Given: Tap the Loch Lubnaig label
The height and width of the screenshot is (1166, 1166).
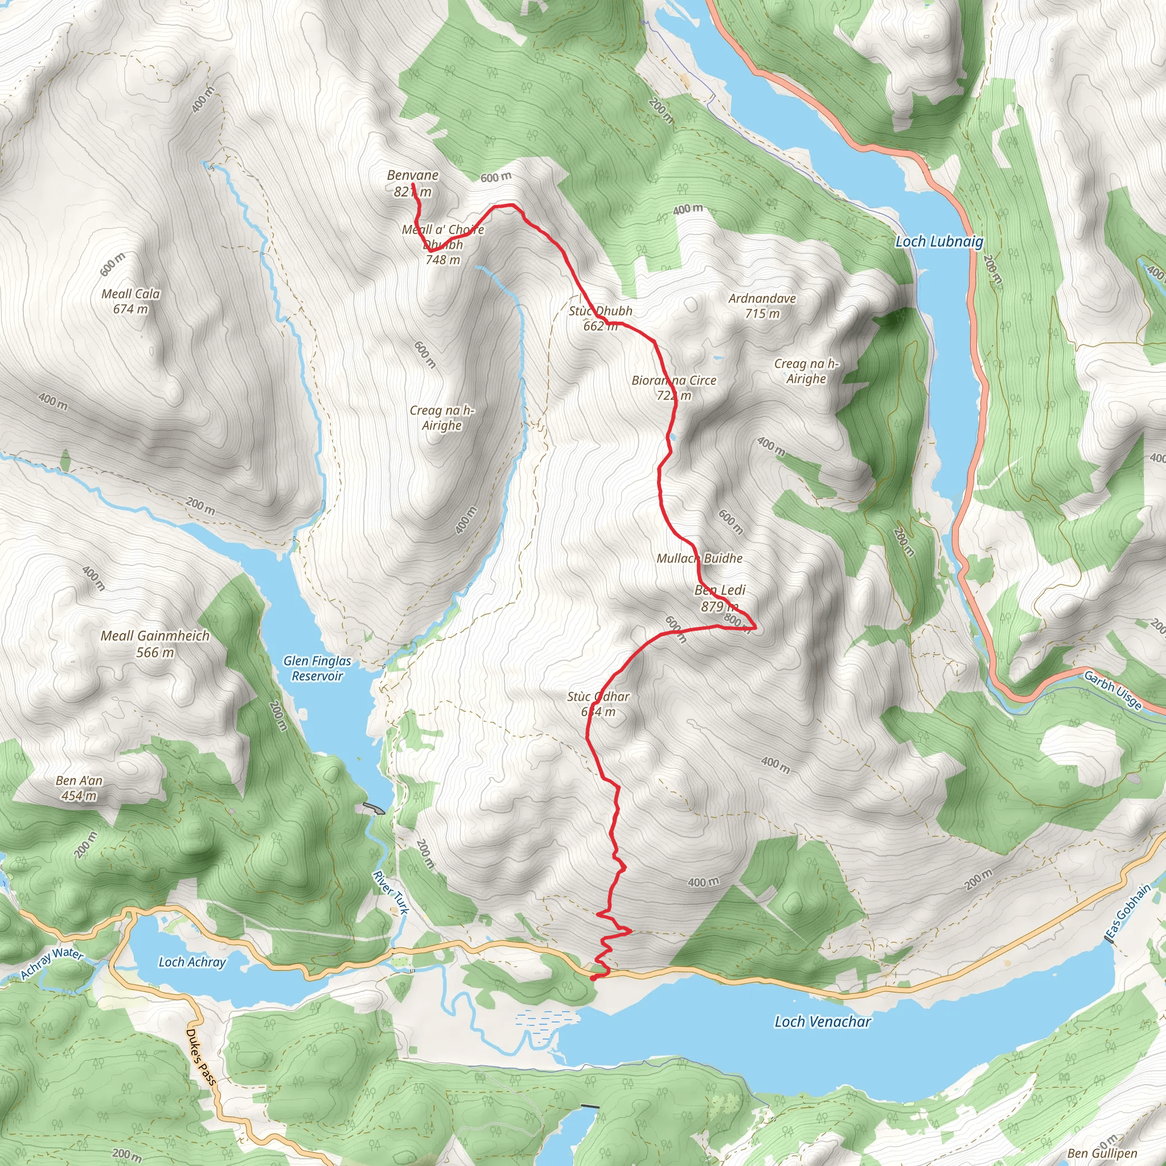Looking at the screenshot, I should click(x=938, y=242).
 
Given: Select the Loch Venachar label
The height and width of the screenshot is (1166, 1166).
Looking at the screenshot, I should click(x=823, y=1022).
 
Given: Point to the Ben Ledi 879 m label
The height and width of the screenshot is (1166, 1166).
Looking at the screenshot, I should click(x=720, y=597).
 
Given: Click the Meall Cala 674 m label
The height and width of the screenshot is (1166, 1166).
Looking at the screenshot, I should click(x=130, y=301).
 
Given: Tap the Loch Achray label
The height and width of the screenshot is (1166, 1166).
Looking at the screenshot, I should click(x=192, y=962).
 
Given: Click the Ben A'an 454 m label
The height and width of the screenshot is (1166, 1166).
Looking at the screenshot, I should click(x=79, y=787).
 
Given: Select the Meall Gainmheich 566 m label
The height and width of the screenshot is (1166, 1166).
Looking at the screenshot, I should click(x=155, y=643).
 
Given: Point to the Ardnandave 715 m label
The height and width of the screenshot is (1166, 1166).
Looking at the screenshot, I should click(x=762, y=305).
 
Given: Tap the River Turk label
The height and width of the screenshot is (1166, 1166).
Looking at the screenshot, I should click(x=391, y=893).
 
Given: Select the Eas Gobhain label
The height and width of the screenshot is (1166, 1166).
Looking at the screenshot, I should click(x=1128, y=911).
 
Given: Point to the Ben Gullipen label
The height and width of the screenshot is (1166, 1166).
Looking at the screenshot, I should click(x=1102, y=1153).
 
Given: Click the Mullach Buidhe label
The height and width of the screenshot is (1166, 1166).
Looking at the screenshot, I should click(x=700, y=559).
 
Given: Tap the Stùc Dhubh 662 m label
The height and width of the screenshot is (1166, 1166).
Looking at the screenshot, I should click(x=601, y=318).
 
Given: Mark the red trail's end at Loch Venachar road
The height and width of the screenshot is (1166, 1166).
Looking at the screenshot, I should click(x=593, y=978).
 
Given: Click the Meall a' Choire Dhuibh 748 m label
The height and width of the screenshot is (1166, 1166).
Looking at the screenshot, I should click(x=443, y=244).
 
